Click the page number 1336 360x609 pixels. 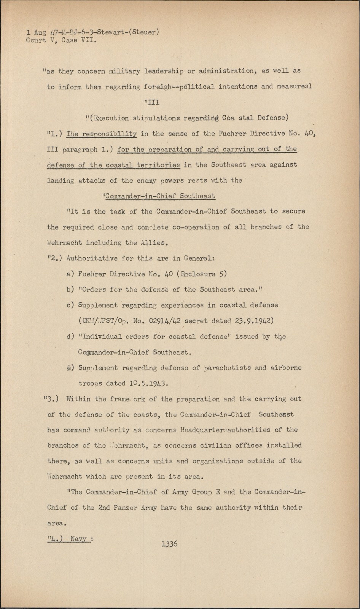tap(169, 544)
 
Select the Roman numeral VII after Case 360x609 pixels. tap(88, 40)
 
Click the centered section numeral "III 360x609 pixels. tap(152, 102)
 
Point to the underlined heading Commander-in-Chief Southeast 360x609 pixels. tap(159, 196)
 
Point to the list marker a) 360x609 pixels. tap(70, 274)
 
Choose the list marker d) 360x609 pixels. tap(70, 336)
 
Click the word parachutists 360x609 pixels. tap(227, 368)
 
